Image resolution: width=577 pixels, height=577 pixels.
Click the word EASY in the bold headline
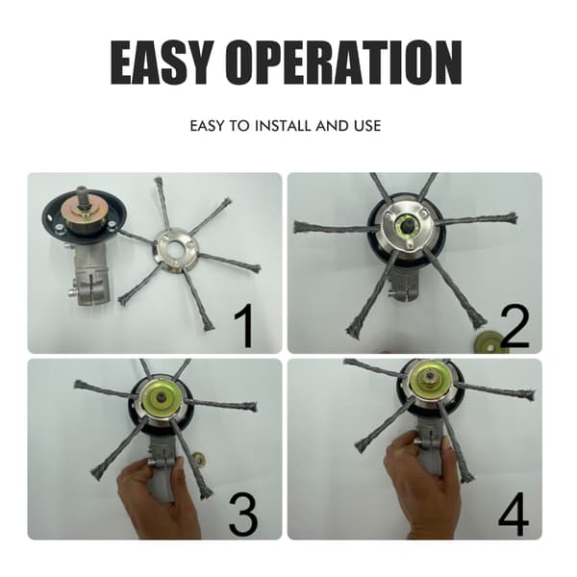click(163, 63)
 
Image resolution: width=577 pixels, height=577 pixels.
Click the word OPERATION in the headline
click(343, 63)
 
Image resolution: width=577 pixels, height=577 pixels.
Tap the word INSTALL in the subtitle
click(283, 126)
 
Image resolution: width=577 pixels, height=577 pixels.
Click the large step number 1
click(244, 326)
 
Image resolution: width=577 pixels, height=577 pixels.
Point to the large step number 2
click(514, 327)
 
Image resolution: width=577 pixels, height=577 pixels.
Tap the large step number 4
click(514, 514)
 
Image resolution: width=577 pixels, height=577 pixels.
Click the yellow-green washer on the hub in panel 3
click(161, 399)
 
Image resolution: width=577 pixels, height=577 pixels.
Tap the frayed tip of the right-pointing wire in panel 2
click(511, 217)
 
